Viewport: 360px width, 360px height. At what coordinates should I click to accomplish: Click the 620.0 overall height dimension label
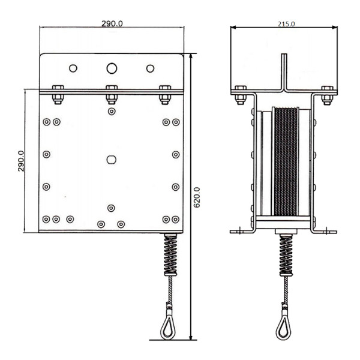click(197, 197)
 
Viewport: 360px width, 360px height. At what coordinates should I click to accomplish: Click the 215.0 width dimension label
click(286, 24)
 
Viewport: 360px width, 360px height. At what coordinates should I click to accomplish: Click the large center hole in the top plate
click(112, 68)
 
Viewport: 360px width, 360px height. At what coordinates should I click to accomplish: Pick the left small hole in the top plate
click(73, 68)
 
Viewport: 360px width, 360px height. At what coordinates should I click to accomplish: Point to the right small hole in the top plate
click(151, 68)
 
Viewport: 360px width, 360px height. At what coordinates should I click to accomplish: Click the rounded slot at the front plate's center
click(112, 160)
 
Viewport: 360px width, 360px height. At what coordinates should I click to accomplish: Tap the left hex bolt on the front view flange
click(58, 95)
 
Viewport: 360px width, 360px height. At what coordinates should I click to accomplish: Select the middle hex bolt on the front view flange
click(112, 95)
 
